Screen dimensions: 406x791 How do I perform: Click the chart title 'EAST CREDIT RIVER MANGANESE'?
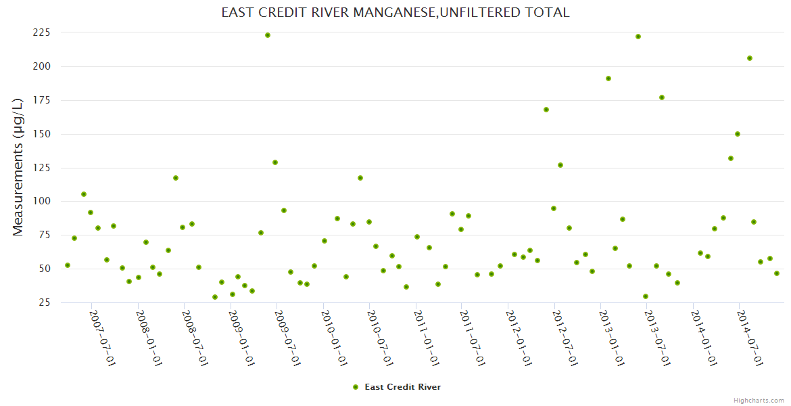pos(395,12)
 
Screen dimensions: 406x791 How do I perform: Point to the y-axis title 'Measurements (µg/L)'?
pos(18,166)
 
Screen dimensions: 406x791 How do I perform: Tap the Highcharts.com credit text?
pos(759,400)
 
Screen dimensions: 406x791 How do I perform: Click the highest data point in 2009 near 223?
pos(268,35)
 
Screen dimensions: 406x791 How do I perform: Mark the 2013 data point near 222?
pos(638,37)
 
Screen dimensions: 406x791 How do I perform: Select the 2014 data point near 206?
pos(750,58)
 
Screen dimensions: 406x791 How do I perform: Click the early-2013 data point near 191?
pos(608,78)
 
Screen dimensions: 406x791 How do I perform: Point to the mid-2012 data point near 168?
pos(546,110)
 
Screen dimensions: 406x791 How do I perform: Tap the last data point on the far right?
pos(777,273)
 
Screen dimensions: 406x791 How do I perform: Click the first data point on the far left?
pos(68,265)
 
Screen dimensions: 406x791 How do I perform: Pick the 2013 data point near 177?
pos(662,97)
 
